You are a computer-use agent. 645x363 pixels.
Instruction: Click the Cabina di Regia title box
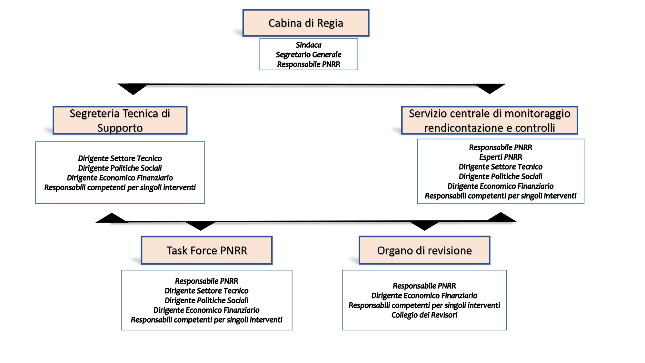pyautogui.click(x=306, y=23)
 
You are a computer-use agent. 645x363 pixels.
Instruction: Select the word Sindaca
pyautogui.click(x=309, y=45)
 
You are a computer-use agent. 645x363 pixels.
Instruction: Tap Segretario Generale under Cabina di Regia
pyautogui.click(x=309, y=55)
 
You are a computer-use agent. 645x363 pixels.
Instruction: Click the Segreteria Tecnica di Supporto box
pyautogui.click(x=120, y=120)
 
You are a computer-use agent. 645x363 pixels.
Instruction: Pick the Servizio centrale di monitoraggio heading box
pyautogui.click(x=490, y=120)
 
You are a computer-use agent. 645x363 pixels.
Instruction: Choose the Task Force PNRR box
pyautogui.click(x=207, y=250)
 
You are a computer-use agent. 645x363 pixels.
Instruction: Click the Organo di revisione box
pyautogui.click(x=424, y=250)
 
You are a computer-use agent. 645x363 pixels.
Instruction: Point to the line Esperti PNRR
pyautogui.click(x=501, y=157)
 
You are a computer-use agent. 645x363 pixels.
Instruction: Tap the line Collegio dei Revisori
pyautogui.click(x=424, y=315)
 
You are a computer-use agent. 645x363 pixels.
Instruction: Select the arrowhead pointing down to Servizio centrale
pyautogui.click(x=490, y=89)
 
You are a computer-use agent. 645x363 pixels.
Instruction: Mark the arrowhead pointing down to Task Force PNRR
pyautogui.click(x=200, y=226)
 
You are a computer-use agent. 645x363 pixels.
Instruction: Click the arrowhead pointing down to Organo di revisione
pyautogui.click(x=424, y=226)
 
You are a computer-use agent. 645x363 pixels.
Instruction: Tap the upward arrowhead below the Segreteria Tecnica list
pyautogui.click(x=111, y=218)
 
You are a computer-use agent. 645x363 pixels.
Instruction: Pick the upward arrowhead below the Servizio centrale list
pyautogui.click(x=501, y=217)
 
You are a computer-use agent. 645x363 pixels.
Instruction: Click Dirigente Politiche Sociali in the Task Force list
pyautogui.click(x=207, y=300)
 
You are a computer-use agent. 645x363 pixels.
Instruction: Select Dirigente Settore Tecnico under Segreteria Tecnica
pyautogui.click(x=120, y=158)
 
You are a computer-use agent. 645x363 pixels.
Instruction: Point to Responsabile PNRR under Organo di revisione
pyautogui.click(x=424, y=286)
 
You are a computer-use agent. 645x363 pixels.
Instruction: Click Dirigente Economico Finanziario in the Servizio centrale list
pyautogui.click(x=501, y=186)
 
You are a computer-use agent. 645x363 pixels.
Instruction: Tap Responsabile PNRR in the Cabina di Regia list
pyautogui.click(x=309, y=64)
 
